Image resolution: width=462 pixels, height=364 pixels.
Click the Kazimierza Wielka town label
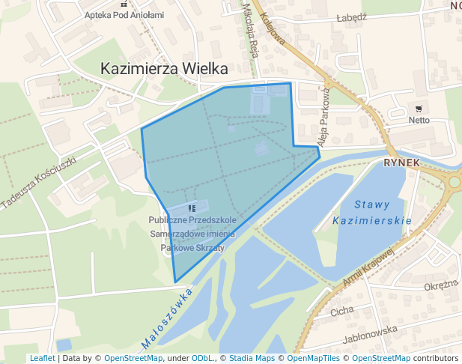click(x=164, y=68)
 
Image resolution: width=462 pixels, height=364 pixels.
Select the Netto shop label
click(x=419, y=120)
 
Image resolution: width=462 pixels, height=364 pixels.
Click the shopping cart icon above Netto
click(x=419, y=109)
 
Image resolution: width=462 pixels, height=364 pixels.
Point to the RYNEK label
click(x=398, y=162)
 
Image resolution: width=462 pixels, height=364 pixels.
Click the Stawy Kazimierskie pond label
click(x=372, y=212)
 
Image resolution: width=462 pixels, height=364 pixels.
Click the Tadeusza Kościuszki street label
click(x=39, y=183)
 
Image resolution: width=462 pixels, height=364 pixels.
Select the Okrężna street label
click(x=440, y=285)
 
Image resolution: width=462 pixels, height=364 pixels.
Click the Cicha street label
click(x=341, y=310)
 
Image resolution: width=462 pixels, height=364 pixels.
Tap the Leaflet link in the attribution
click(x=42, y=358)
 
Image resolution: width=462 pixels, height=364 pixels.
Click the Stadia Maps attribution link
click(x=251, y=358)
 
